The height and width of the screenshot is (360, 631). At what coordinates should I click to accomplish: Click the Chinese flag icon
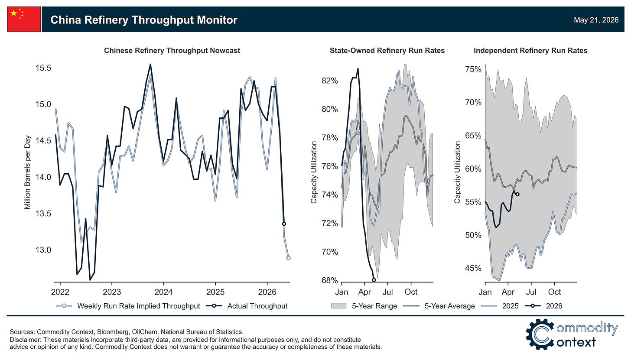coord(24,19)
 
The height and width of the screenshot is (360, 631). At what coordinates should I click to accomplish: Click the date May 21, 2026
coord(596,20)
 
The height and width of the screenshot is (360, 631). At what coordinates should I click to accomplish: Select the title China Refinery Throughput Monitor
coord(144,20)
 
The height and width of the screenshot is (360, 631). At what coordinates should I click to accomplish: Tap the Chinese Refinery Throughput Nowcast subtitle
coord(172,50)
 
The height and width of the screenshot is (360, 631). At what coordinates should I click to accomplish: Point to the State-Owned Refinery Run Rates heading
coord(387,50)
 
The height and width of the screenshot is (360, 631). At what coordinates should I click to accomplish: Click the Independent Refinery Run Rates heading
coord(530,50)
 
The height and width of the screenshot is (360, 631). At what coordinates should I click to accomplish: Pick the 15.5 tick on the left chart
coord(43,68)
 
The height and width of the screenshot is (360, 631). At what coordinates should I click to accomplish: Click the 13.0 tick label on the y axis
coord(43,250)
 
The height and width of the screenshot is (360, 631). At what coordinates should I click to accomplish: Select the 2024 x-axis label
coord(163,292)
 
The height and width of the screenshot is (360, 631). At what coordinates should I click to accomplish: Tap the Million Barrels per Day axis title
coord(27,172)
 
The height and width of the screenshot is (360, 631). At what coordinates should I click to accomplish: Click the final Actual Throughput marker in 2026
coord(284,224)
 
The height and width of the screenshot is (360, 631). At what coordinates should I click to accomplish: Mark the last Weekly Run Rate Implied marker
coord(288,258)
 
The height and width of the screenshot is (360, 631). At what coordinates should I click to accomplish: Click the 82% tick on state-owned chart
coord(329,81)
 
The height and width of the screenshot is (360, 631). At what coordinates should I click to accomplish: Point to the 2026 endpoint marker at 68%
coord(374,280)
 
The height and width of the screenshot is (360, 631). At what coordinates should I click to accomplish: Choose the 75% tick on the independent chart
coord(473,69)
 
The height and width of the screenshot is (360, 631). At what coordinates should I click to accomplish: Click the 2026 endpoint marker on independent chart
coord(517,195)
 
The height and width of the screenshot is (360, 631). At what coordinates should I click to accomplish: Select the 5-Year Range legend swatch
coord(338,306)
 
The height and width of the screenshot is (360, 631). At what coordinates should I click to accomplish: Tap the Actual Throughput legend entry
coord(247,306)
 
